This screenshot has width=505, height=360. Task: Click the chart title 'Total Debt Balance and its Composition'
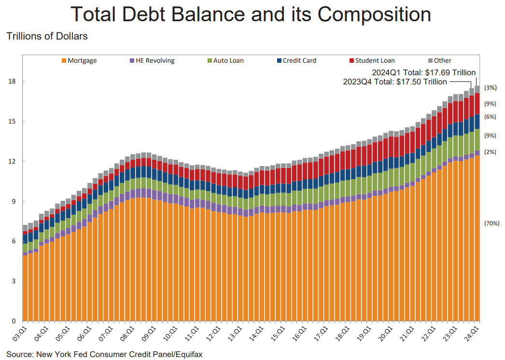[x=251, y=14]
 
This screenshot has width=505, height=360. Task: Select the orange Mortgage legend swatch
[x=64, y=61]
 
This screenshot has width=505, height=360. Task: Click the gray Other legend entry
[x=442, y=61]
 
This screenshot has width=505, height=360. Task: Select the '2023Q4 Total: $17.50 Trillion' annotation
[x=394, y=82]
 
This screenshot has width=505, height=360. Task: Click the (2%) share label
[x=490, y=152]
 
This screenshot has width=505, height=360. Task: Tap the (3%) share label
[x=490, y=87]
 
